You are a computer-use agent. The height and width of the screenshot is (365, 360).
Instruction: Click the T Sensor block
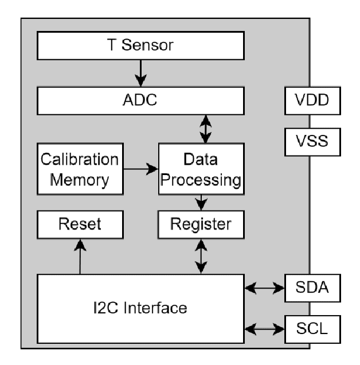point(139,45)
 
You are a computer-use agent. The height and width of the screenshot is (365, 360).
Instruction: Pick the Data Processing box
point(201,169)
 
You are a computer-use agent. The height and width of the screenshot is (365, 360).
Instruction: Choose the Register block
point(201,224)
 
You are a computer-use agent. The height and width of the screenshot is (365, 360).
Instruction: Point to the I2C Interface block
point(140,308)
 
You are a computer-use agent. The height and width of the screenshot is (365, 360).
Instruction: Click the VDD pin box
point(313,102)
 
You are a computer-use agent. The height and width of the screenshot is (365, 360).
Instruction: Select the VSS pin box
point(313,141)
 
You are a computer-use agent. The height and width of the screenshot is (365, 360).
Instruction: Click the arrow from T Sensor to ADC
point(139,74)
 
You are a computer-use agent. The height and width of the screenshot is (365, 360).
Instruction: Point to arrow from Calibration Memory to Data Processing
point(140,169)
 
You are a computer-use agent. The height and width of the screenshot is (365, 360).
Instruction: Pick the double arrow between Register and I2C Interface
point(201,256)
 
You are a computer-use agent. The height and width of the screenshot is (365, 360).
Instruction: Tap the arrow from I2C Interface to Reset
point(79,256)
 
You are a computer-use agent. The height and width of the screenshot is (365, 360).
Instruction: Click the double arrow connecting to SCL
point(264,329)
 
